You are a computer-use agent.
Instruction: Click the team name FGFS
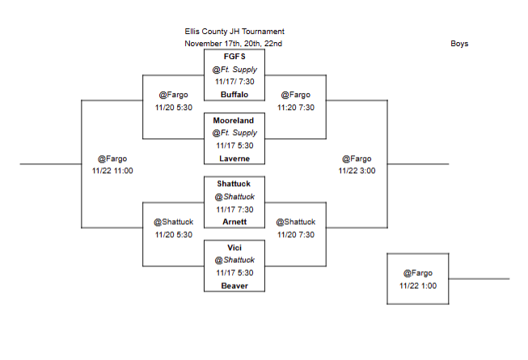click(234, 57)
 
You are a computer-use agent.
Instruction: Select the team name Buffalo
click(234, 95)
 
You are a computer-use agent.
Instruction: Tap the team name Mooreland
click(234, 120)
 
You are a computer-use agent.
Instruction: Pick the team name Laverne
click(234, 159)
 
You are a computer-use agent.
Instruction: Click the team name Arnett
click(234, 222)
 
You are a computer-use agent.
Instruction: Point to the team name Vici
click(234, 247)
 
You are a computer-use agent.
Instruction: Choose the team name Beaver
click(234, 286)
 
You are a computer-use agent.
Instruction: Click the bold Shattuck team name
click(234, 184)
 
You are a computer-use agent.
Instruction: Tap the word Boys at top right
click(459, 44)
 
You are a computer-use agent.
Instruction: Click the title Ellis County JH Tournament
click(234, 32)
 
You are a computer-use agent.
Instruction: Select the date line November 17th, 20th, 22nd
click(234, 44)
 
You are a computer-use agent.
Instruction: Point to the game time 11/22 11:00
click(112, 171)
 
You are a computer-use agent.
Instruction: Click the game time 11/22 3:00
click(357, 171)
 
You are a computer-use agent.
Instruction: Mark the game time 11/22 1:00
click(418, 285)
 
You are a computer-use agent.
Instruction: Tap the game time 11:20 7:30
click(295, 107)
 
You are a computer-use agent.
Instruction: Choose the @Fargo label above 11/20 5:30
click(173, 95)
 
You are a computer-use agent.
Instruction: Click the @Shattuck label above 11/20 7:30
click(295, 222)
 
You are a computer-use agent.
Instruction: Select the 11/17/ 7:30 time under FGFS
click(234, 82)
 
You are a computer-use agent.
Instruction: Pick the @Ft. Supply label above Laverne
click(234, 133)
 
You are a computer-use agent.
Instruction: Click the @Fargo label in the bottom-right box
click(418, 273)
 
